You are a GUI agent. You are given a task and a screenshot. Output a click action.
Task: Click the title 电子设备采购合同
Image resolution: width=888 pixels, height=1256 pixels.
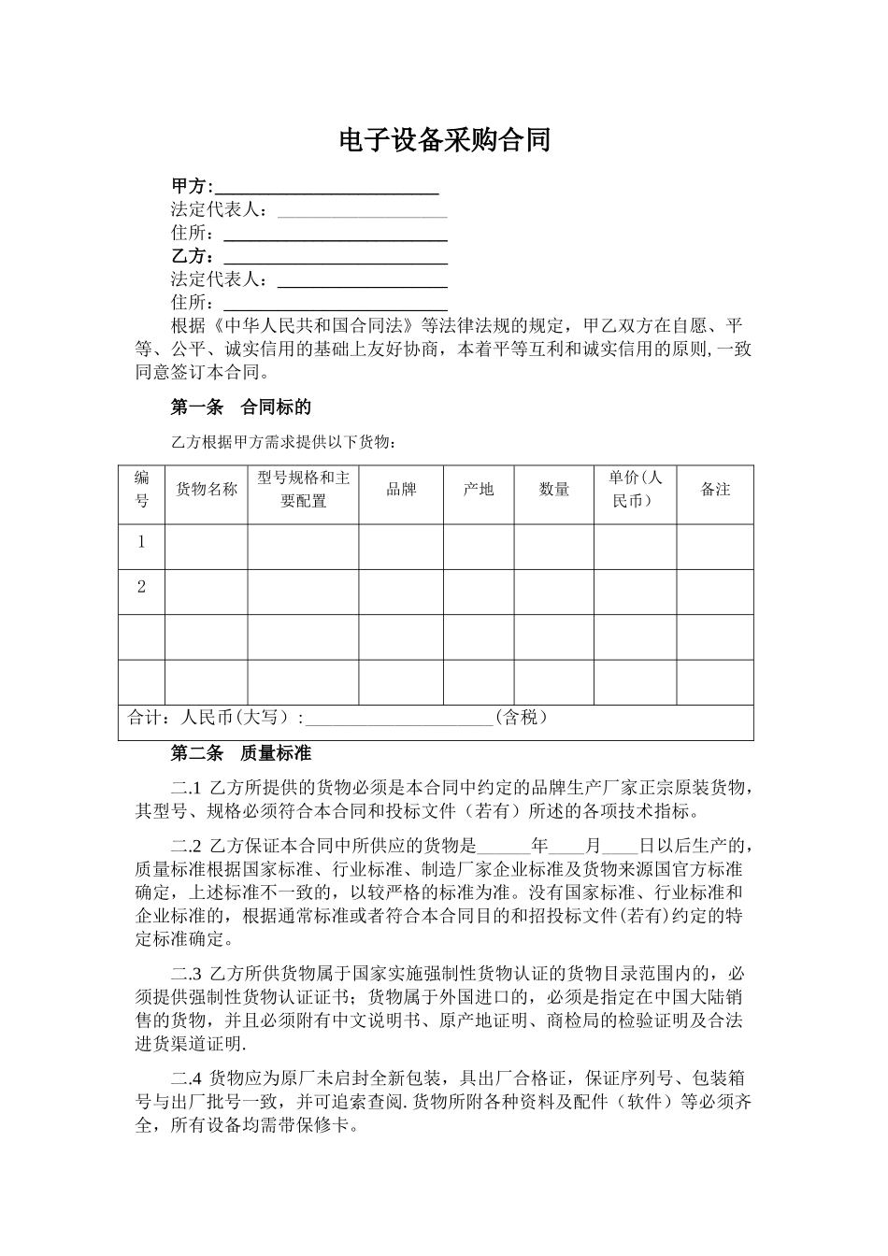[x=444, y=140]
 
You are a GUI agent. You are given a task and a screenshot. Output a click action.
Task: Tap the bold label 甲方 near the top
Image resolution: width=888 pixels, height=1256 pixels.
[x=192, y=186]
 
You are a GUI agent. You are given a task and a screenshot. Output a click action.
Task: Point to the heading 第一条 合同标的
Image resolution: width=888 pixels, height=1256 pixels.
[x=240, y=407]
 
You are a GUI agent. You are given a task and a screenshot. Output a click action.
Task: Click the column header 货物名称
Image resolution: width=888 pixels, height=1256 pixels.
[x=207, y=489]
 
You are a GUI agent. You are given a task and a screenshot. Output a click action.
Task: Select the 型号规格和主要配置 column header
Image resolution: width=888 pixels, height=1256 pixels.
[x=303, y=489]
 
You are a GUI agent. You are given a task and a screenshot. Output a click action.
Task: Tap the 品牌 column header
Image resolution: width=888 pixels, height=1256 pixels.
[x=402, y=489]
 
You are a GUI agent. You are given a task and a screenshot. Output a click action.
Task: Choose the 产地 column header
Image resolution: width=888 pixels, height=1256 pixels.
[x=479, y=489]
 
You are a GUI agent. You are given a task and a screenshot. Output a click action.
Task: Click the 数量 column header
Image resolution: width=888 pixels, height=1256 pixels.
[x=554, y=489]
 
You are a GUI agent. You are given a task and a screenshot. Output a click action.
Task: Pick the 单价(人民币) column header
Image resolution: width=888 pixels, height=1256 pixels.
[x=636, y=489]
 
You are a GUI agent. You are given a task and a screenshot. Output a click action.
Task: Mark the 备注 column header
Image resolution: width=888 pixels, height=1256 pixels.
[x=715, y=489]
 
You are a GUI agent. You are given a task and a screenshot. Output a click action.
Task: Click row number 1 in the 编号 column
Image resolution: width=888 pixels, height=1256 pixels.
[x=142, y=542]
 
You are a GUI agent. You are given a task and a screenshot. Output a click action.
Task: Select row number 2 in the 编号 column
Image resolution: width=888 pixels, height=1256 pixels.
[x=142, y=587]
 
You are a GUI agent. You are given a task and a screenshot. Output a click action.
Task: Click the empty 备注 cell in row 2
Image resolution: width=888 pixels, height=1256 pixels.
[x=715, y=592]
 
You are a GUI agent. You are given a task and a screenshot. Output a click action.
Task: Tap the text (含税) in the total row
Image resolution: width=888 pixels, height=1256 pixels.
[x=522, y=718]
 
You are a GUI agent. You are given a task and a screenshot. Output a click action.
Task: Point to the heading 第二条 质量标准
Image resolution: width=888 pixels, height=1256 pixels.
[x=240, y=752]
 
